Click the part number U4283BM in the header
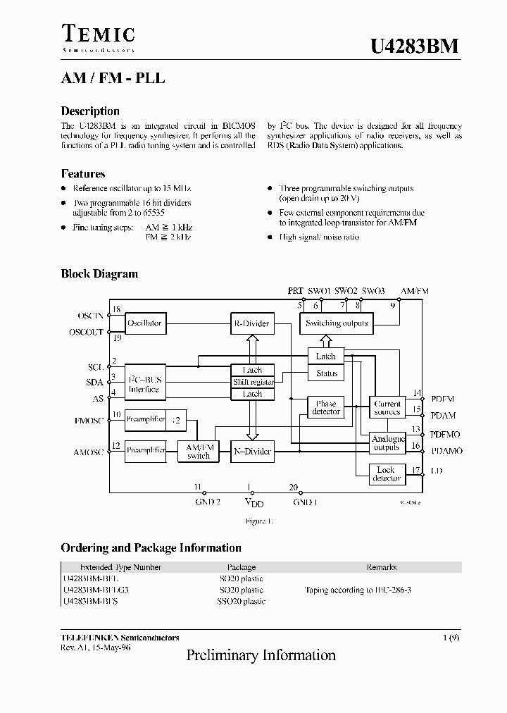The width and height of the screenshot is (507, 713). click(x=415, y=46)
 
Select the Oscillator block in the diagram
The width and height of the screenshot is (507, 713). click(x=144, y=323)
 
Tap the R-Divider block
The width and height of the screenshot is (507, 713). click(x=251, y=323)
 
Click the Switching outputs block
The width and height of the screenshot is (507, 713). click(x=337, y=323)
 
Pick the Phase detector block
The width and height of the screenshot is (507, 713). click(x=325, y=407)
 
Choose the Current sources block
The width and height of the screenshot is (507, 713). click(x=387, y=407)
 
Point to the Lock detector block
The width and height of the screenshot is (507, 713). click(x=387, y=474)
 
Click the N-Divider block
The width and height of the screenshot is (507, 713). click(x=251, y=452)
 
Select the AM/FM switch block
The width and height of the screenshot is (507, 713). click(x=198, y=452)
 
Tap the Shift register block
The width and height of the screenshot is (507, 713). click(x=252, y=382)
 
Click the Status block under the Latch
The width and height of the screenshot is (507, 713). click(x=326, y=373)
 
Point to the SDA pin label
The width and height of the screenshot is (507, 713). click(x=94, y=383)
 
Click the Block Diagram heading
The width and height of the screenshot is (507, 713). click(x=99, y=274)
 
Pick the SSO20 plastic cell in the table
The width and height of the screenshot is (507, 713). click(x=241, y=601)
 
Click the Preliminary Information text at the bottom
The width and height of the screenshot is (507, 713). click(x=261, y=655)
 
